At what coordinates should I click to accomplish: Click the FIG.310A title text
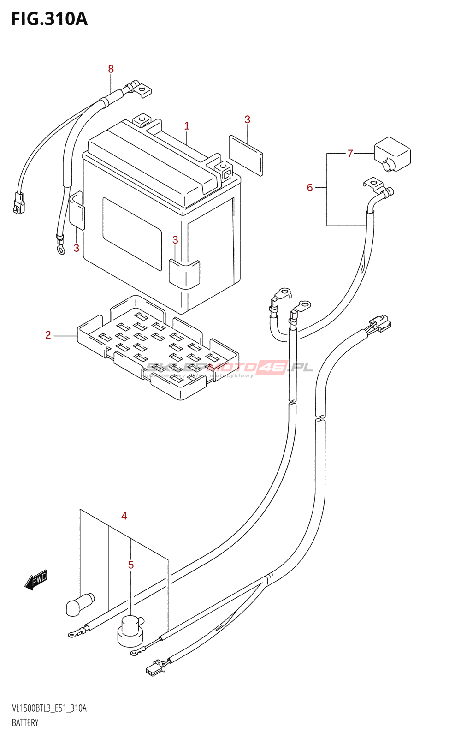click(x=49, y=19)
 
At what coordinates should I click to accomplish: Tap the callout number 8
click(x=111, y=69)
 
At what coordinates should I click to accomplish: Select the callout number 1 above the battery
click(x=187, y=126)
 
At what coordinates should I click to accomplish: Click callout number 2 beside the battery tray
click(x=48, y=335)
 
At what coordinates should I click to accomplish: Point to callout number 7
click(x=350, y=154)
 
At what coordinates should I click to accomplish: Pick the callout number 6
click(x=310, y=188)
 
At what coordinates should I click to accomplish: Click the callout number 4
click(x=124, y=516)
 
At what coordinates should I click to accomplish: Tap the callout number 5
click(x=131, y=565)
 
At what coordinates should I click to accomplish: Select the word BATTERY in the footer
click(x=25, y=723)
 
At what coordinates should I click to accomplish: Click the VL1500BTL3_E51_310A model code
click(x=49, y=708)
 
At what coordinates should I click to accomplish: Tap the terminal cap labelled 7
click(x=392, y=154)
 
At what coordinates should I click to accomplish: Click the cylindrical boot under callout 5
click(x=130, y=631)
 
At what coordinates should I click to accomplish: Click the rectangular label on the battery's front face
click(x=132, y=234)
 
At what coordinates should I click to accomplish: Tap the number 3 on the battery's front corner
click(x=175, y=240)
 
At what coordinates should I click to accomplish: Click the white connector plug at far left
click(x=19, y=203)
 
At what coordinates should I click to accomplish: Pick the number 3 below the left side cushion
click(x=77, y=248)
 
